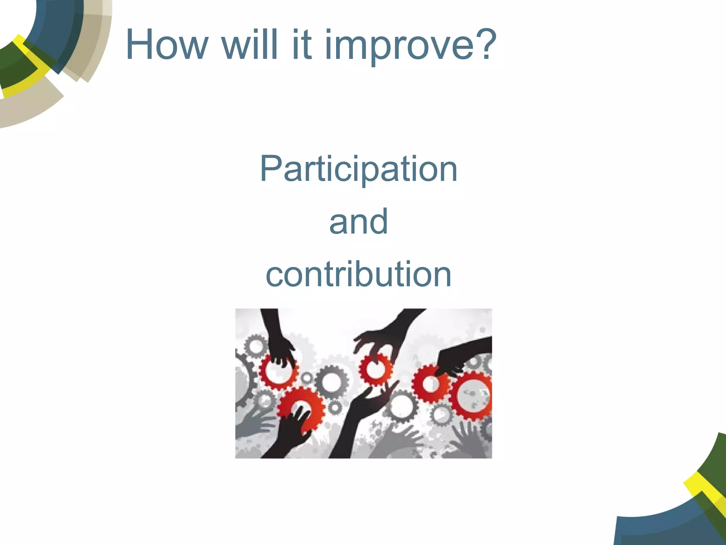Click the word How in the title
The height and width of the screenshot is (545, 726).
tap(167, 45)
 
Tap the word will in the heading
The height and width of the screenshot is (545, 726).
tap(250, 45)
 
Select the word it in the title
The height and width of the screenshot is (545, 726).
tap(302, 45)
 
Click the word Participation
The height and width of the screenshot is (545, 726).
tap(358, 170)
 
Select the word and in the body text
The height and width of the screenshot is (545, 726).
tap(358, 222)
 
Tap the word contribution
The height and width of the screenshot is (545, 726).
tap(358, 274)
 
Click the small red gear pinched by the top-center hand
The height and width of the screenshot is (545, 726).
tap(375, 369)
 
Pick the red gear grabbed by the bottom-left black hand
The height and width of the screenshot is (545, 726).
tap(301, 408)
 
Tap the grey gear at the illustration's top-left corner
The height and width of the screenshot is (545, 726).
tap(255, 346)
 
